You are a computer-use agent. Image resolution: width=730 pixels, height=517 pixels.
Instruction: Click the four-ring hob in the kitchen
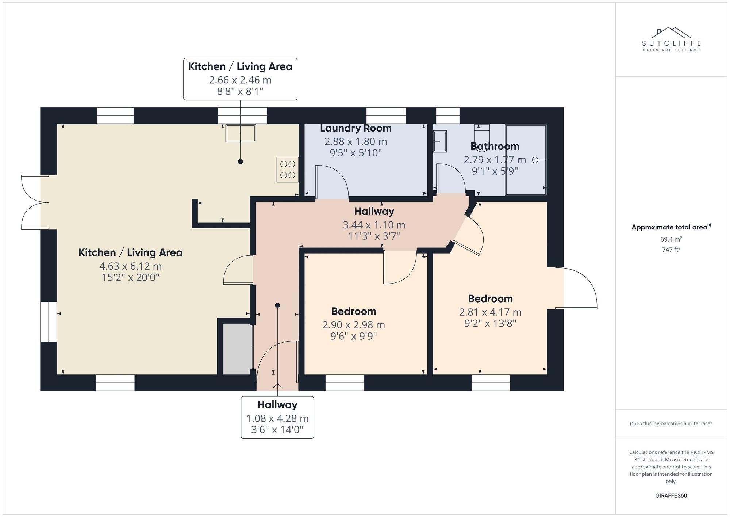288,170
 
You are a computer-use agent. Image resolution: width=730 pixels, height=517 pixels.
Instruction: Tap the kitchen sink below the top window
241,133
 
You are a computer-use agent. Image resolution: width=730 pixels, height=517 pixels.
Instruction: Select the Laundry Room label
356,128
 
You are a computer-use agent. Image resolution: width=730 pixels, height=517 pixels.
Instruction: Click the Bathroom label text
495,146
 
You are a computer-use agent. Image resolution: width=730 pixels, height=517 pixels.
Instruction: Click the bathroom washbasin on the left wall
440,141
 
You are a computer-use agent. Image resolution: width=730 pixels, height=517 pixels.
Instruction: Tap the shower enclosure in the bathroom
526,160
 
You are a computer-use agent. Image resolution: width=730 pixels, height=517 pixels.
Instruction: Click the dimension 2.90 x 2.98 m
354,324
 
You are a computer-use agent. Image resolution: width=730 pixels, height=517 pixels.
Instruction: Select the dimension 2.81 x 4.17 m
490,312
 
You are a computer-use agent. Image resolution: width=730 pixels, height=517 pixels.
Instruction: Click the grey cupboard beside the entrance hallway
237,349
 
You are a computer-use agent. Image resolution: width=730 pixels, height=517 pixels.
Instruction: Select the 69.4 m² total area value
671,239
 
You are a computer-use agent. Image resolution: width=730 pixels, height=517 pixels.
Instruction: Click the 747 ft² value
671,250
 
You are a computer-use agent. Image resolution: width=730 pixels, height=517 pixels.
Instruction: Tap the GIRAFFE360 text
671,495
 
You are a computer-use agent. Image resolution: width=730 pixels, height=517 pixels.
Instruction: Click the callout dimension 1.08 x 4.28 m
277,418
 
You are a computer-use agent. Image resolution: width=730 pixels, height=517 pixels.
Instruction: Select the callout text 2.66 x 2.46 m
240,80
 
